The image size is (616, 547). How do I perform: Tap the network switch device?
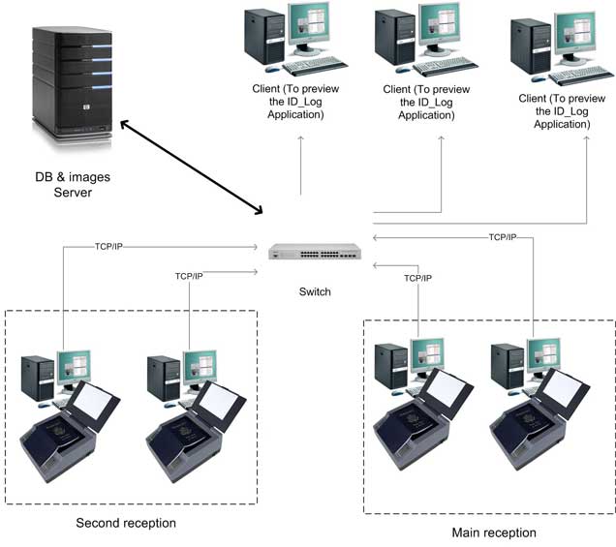[x=315, y=253]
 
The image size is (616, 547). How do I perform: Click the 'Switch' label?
[x=315, y=291]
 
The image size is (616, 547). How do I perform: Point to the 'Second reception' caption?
[x=126, y=523]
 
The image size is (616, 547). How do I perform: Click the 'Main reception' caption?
[x=493, y=532]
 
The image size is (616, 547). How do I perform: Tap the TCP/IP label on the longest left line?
[x=108, y=247]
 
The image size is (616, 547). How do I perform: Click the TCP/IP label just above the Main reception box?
[x=417, y=278]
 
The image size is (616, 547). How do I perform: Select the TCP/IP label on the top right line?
[x=503, y=237]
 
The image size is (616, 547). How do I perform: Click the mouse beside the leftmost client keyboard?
[x=271, y=70]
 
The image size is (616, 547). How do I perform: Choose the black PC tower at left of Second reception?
[x=38, y=379]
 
